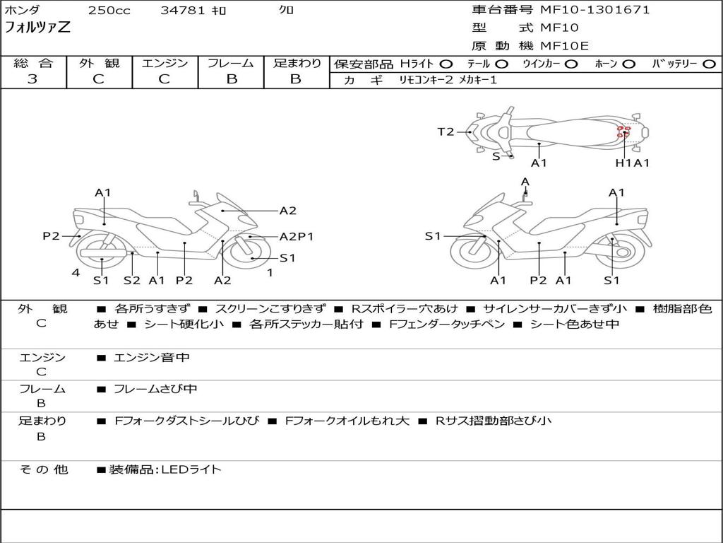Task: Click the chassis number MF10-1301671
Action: coord(594,10)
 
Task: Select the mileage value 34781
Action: coord(183,11)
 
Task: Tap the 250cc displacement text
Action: coord(109,11)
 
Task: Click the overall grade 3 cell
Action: coord(32,79)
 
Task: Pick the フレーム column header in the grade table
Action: coord(231,64)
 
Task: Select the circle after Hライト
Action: coord(446,64)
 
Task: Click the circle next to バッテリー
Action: coord(709,64)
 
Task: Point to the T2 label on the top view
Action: coord(446,132)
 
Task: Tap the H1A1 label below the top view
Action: coord(632,163)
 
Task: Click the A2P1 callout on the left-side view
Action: coord(297,237)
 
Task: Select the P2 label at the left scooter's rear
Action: coord(51,236)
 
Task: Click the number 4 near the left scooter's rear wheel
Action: coord(76,272)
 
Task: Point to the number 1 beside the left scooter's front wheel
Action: coord(270,272)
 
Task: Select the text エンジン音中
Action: coord(152,358)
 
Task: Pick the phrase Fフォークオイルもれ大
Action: coord(347,421)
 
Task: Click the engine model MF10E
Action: coord(565,46)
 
